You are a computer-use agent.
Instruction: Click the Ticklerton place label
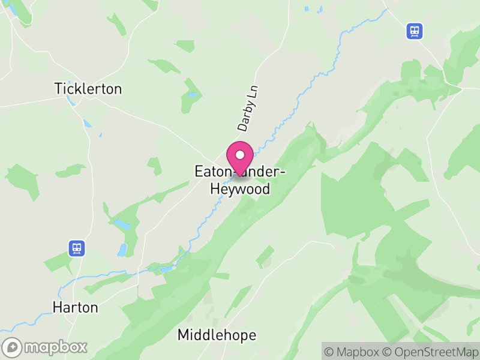(x=88, y=89)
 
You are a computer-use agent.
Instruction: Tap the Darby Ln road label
(x=247, y=109)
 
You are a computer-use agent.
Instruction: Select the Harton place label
(x=75, y=307)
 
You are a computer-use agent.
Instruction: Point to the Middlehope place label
(x=217, y=335)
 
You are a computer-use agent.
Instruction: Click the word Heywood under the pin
(x=240, y=190)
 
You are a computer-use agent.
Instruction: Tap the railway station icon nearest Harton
(x=76, y=247)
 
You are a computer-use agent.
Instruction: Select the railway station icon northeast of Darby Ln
(x=414, y=31)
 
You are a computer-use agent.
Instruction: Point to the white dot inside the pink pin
(x=240, y=155)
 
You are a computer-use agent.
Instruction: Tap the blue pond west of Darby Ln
(x=192, y=94)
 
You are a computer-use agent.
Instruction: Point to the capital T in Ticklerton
(x=58, y=89)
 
